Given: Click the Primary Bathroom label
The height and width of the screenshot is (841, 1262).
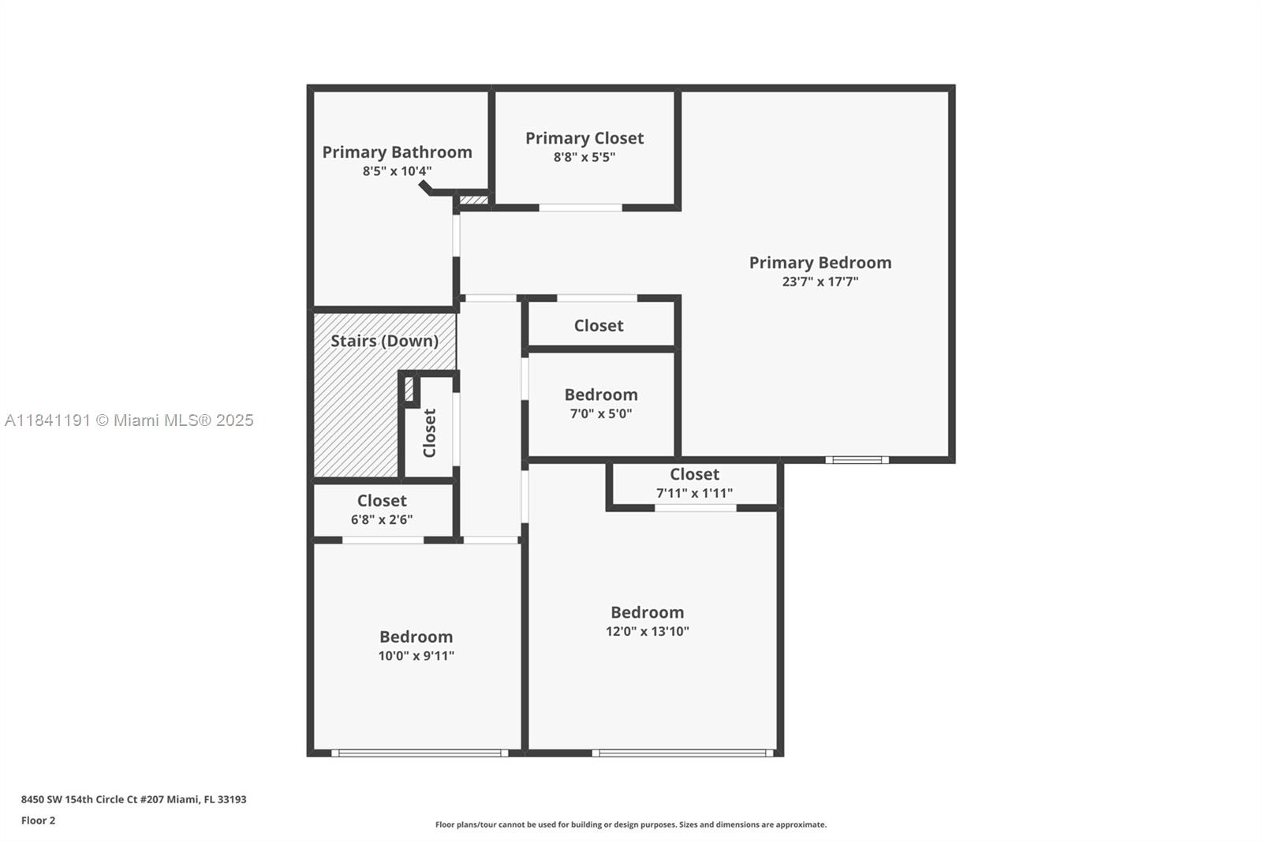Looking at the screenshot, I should pyautogui.click(x=397, y=152).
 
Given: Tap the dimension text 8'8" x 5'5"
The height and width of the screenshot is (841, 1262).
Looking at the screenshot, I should pyautogui.click(x=584, y=157).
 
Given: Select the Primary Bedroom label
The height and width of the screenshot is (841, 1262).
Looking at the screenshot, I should pyautogui.click(x=820, y=263).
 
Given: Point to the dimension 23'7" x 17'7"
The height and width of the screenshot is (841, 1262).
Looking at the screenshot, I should pyautogui.click(x=820, y=282).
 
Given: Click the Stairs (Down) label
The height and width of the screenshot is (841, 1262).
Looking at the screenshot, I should pyautogui.click(x=384, y=341).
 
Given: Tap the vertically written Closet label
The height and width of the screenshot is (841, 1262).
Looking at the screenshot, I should pyautogui.click(x=430, y=432).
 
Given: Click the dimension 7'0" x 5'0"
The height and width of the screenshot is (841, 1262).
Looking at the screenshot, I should pyautogui.click(x=601, y=413).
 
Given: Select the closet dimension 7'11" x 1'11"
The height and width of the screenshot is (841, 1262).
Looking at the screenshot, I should pyautogui.click(x=694, y=493).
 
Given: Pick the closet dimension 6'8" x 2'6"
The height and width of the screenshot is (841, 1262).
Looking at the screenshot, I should pyautogui.click(x=382, y=520).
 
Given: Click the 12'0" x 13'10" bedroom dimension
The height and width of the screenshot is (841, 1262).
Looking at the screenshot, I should pyautogui.click(x=647, y=631).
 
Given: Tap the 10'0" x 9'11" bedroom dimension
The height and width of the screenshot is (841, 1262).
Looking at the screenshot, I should pyautogui.click(x=416, y=656).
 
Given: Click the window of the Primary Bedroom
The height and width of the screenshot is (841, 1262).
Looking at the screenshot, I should pyautogui.click(x=857, y=460).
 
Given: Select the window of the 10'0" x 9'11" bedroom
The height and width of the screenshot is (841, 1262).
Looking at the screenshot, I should pyautogui.click(x=419, y=753).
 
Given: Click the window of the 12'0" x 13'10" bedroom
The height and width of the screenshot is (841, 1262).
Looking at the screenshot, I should pyautogui.click(x=683, y=753).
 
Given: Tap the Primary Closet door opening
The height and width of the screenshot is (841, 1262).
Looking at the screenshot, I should pyautogui.click(x=581, y=207).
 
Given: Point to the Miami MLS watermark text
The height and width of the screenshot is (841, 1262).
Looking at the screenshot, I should pyautogui.click(x=129, y=420).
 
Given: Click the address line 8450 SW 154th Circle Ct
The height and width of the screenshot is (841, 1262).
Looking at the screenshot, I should pyautogui.click(x=133, y=799).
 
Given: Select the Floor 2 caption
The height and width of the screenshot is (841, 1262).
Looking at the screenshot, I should pyautogui.click(x=38, y=820).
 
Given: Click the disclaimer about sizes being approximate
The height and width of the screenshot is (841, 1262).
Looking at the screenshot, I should pyautogui.click(x=630, y=824).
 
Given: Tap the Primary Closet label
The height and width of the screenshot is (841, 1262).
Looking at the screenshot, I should pyautogui.click(x=584, y=138).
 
